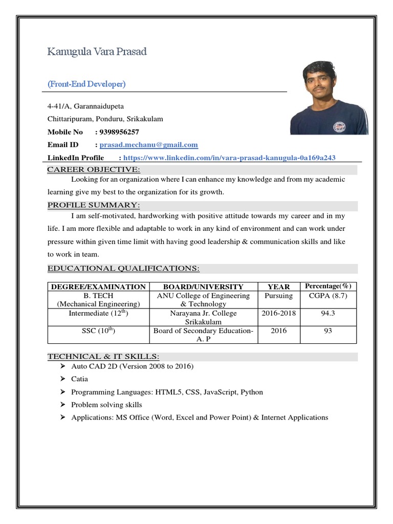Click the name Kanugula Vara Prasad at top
(x=97, y=52)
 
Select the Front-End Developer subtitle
(x=86, y=84)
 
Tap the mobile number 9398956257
(x=119, y=132)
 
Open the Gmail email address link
(x=148, y=145)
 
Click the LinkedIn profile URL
(x=229, y=158)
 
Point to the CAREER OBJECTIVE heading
(x=94, y=169)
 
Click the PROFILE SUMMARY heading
(x=94, y=205)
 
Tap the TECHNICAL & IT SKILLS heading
(x=103, y=356)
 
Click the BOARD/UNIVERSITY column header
(x=203, y=287)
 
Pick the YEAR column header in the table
(x=279, y=287)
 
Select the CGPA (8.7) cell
(x=328, y=296)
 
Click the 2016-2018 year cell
(x=279, y=313)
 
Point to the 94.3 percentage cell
(x=328, y=313)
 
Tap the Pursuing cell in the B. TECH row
(x=279, y=296)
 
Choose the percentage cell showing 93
(x=328, y=331)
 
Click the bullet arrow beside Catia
(x=62, y=379)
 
